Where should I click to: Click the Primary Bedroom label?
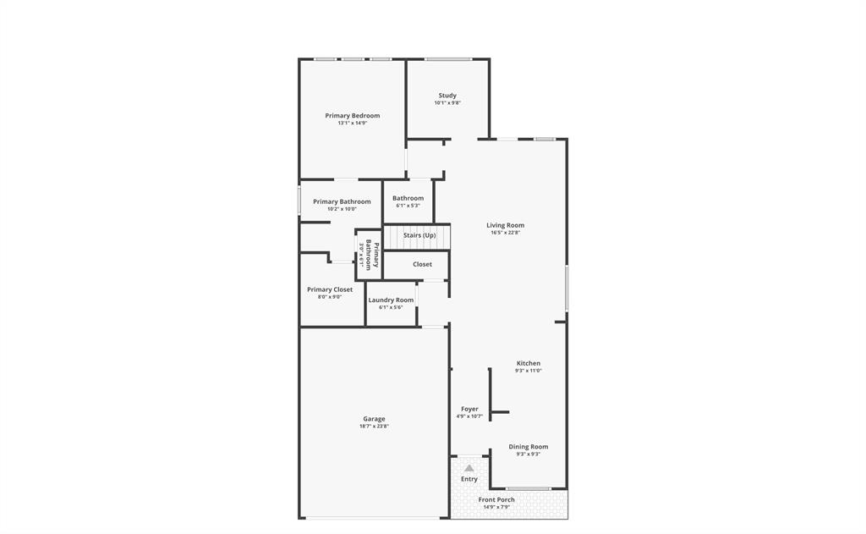pos(352,115)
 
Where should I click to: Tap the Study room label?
pos(447,96)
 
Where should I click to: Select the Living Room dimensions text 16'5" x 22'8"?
pos(505,233)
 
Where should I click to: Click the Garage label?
pos(374,419)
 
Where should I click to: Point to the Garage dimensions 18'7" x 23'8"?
pos(374,427)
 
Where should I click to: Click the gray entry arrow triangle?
pos(469,468)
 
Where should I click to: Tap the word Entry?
pos(469,479)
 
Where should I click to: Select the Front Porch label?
pos(496,499)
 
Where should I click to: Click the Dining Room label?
pos(528,447)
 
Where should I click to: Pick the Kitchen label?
pos(528,363)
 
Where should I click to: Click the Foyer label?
pos(469,409)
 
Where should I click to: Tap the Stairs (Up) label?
pos(419,235)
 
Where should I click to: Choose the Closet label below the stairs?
pos(422,264)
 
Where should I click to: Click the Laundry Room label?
pos(391,300)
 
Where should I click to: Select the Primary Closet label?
pos(330,289)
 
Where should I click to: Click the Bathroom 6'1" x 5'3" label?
pos(408,198)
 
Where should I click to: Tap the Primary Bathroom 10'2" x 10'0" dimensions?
pos(342,209)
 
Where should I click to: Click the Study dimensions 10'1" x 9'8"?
pos(447,103)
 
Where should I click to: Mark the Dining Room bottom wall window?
pos(529,488)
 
